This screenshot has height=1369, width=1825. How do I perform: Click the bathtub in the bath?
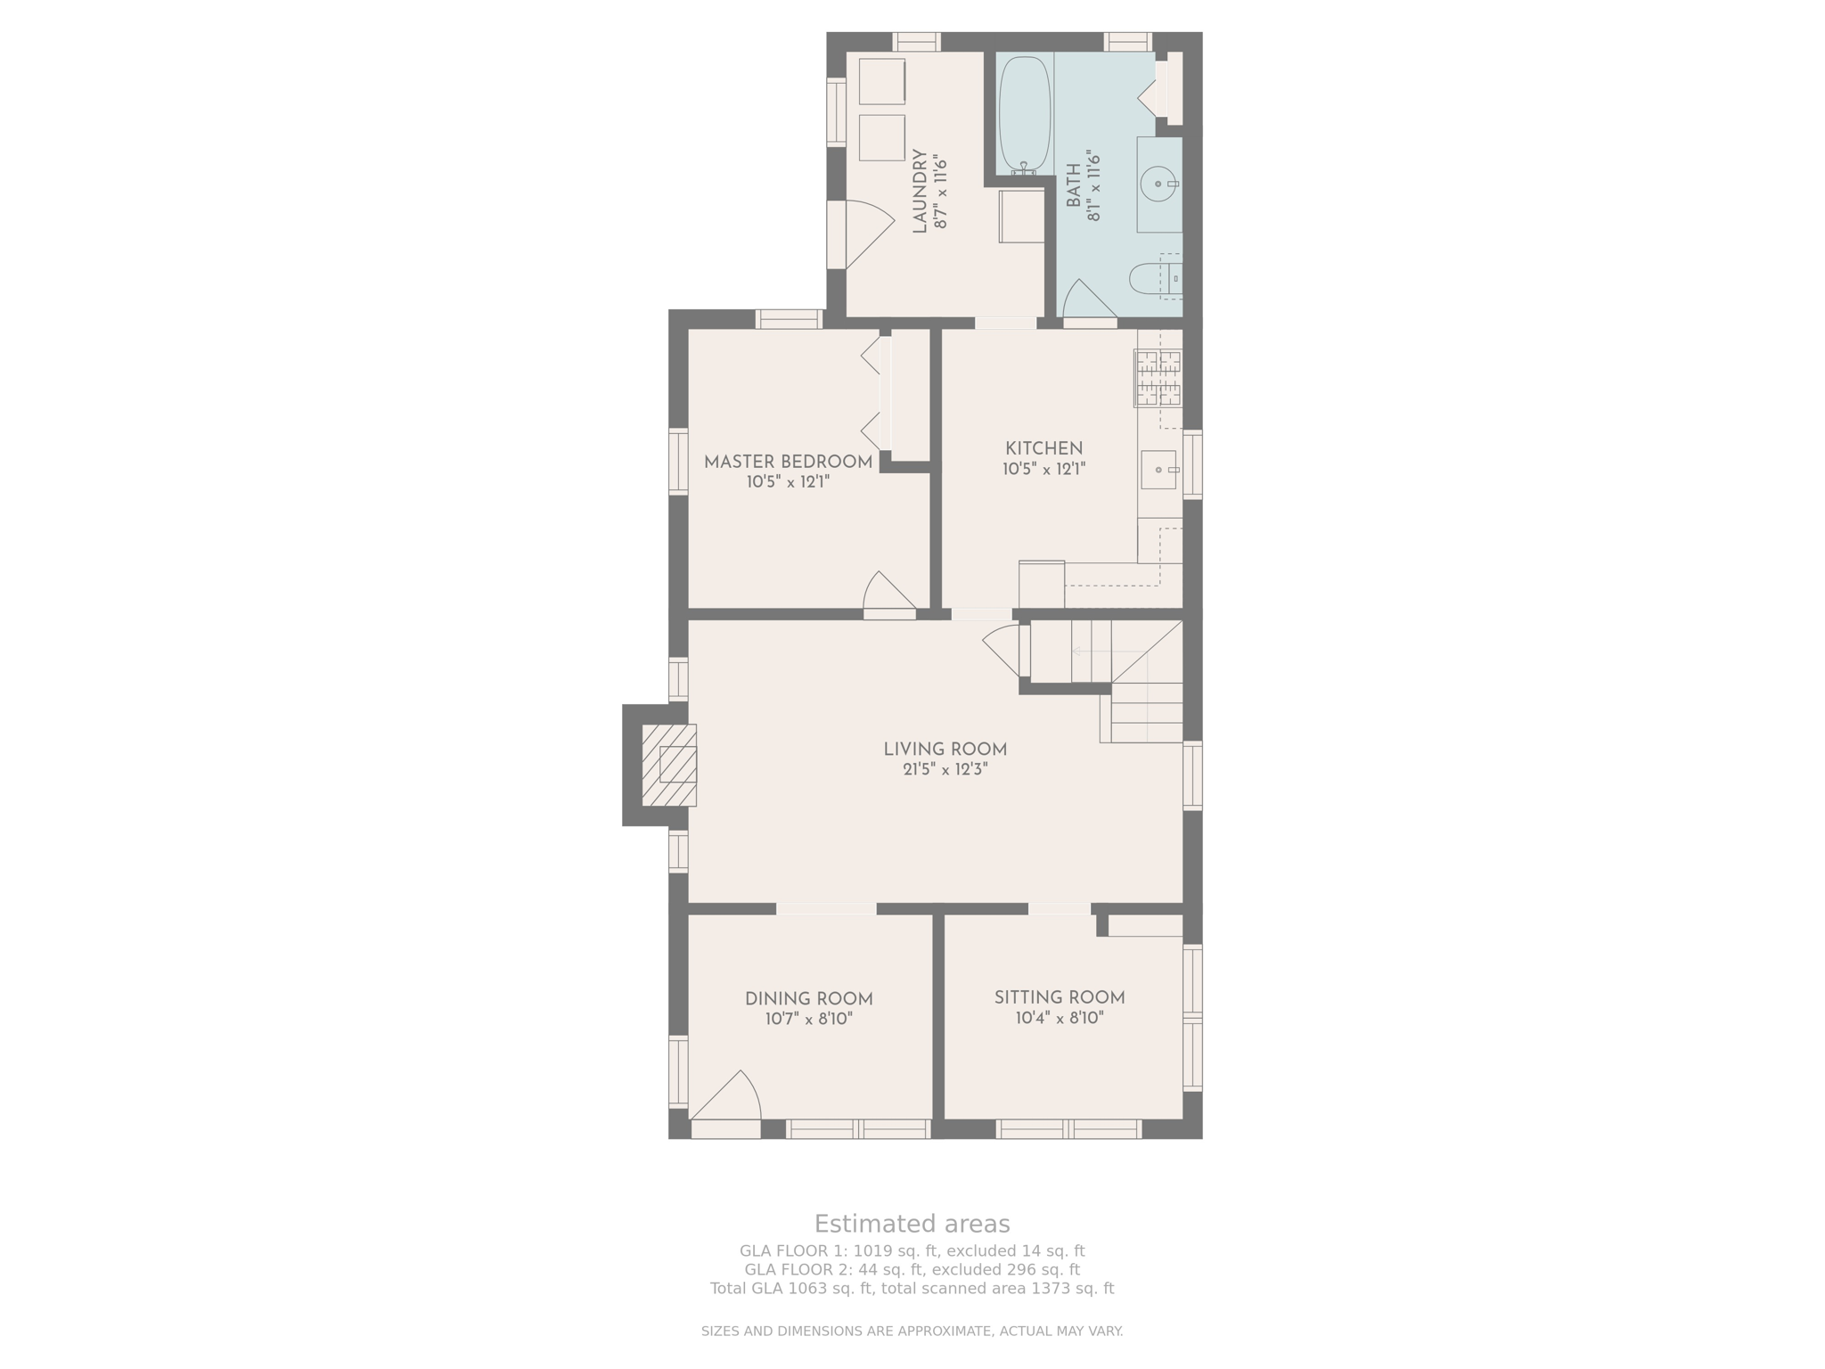1024,114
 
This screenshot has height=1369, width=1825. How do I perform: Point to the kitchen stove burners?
1158,378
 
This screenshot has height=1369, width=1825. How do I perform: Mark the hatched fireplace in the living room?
669,765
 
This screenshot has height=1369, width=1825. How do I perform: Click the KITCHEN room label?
1044,448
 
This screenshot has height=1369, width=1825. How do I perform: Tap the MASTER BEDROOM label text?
788,462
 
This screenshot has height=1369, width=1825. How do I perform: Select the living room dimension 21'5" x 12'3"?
945,770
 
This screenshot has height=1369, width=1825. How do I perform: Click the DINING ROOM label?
809,999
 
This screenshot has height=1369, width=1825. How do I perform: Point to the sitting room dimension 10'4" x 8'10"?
1060,1018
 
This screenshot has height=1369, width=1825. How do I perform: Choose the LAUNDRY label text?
920,191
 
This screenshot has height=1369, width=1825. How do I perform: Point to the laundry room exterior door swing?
870,234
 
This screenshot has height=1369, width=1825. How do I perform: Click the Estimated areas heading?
912,1224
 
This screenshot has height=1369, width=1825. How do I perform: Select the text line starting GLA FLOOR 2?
912,1270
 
